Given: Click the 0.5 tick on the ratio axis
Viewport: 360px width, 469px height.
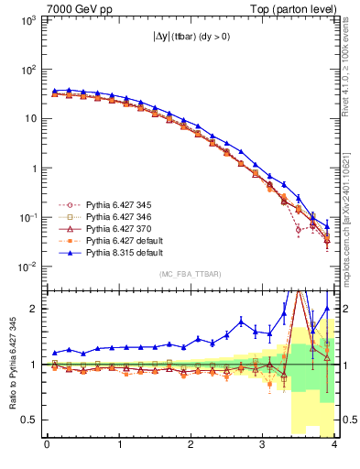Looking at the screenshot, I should (x=30, y=420).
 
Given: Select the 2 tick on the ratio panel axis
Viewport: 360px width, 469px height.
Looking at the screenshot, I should (x=35, y=309).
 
